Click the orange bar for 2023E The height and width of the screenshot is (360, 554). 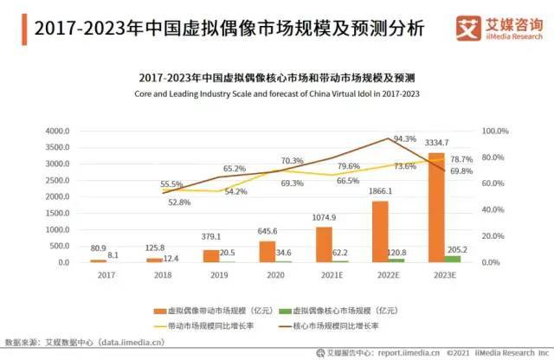pyautogui.click(x=437, y=208)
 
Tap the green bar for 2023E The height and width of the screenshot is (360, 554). pyautogui.click(x=453, y=259)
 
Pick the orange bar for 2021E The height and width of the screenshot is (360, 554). pyautogui.click(x=324, y=245)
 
